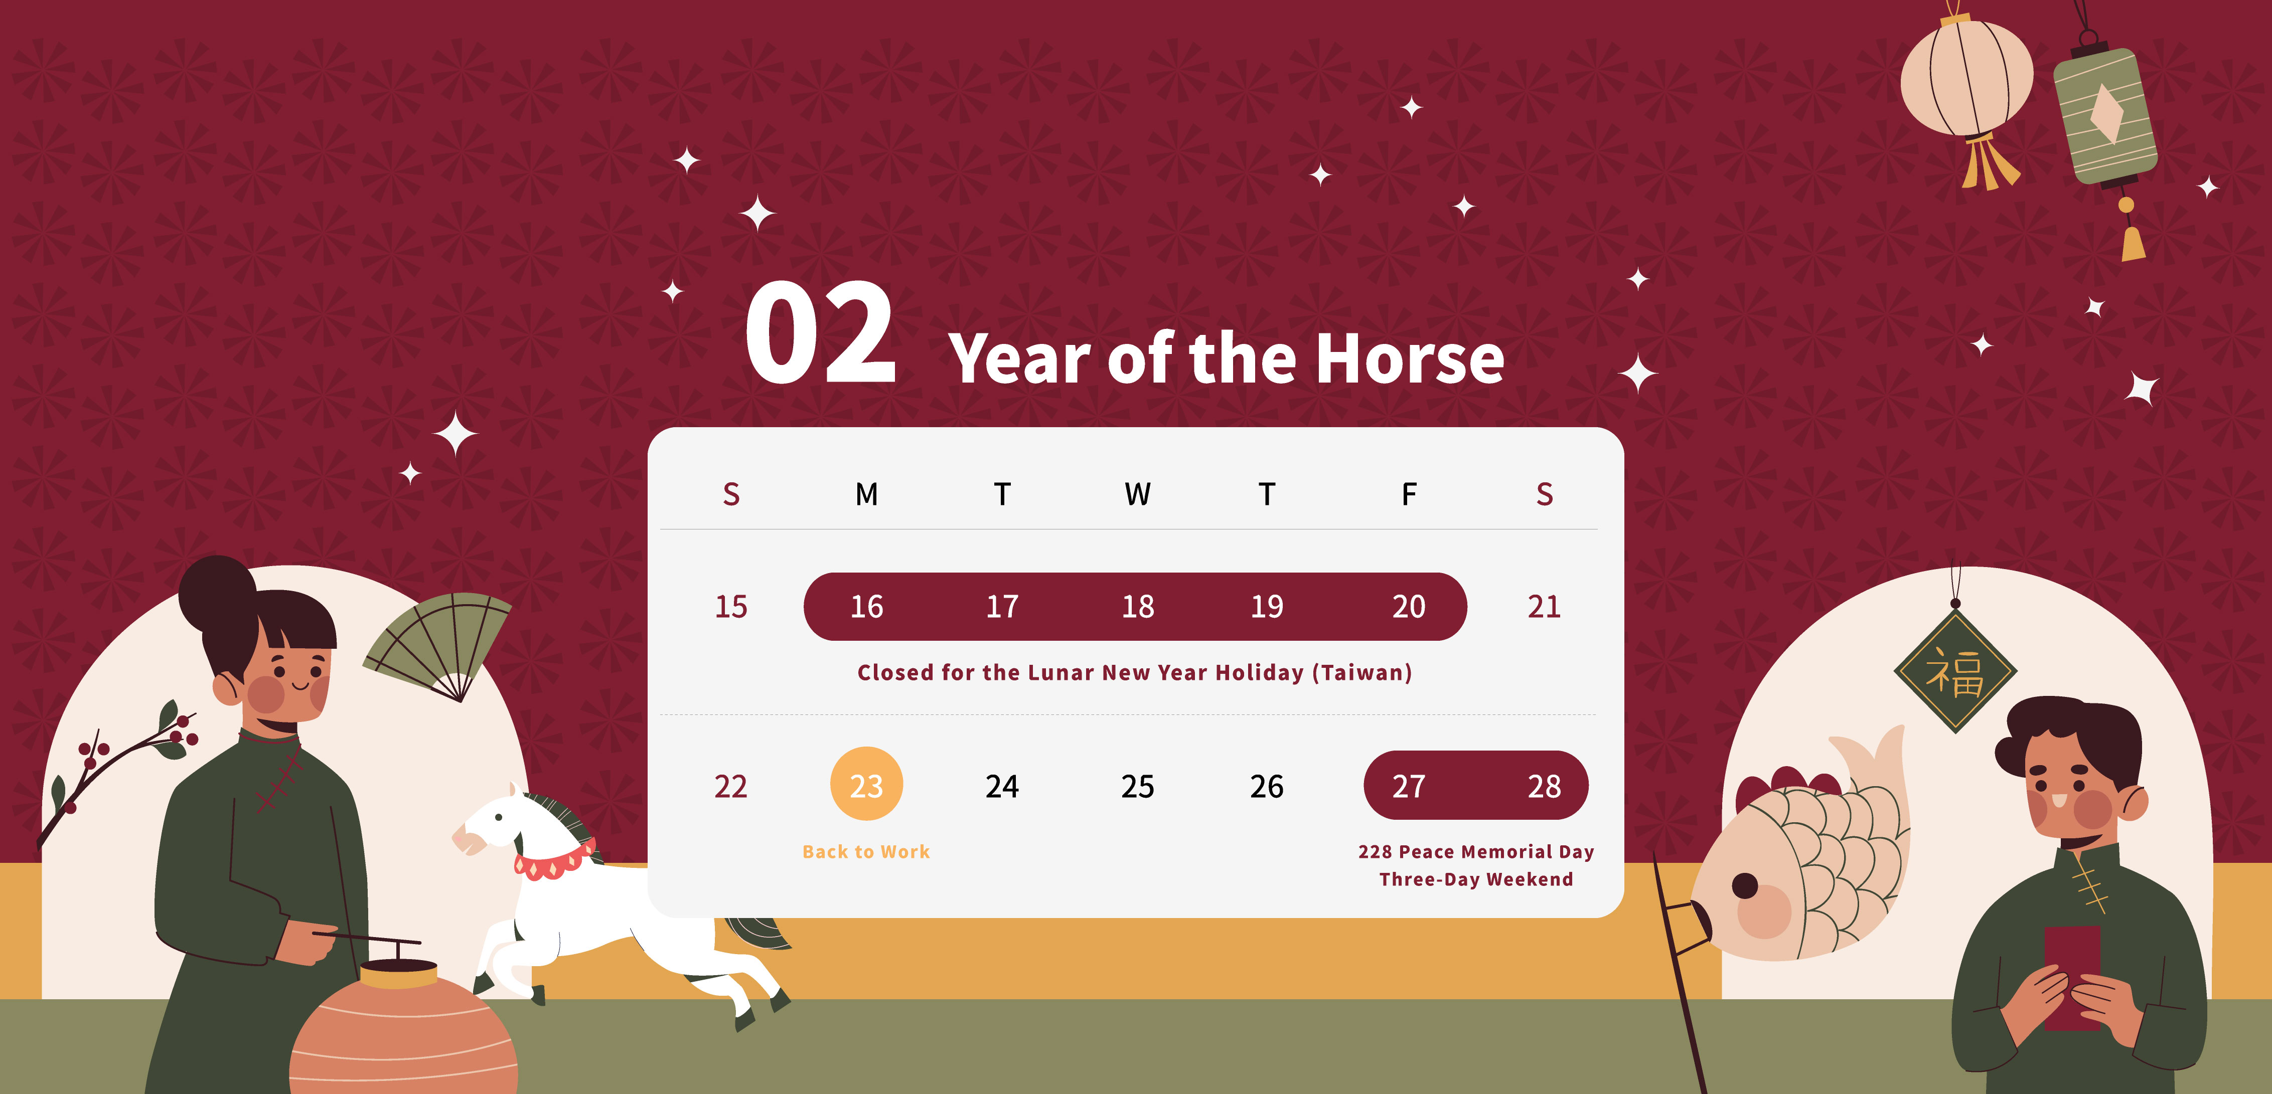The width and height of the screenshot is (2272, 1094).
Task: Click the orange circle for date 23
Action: [x=866, y=784]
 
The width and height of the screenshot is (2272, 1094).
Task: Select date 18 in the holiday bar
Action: [x=1138, y=607]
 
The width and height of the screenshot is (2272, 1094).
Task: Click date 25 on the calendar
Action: [x=1138, y=786]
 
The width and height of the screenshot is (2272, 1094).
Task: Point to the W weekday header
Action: [x=1138, y=494]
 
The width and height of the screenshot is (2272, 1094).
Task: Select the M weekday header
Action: [x=866, y=494]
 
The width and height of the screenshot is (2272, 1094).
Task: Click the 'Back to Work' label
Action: [x=866, y=851]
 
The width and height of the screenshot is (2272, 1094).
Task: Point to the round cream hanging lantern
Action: [x=1966, y=79]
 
